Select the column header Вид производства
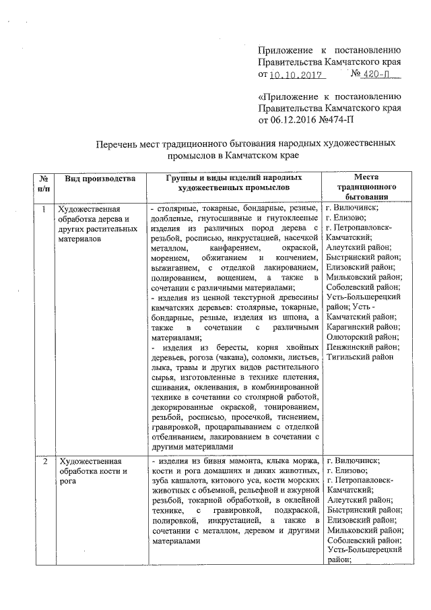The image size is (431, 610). click(x=100, y=179)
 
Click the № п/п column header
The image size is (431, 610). click(x=43, y=183)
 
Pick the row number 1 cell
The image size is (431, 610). click(x=43, y=209)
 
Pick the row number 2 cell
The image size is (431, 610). click(x=43, y=462)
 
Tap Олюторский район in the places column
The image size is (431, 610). click(x=362, y=336)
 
